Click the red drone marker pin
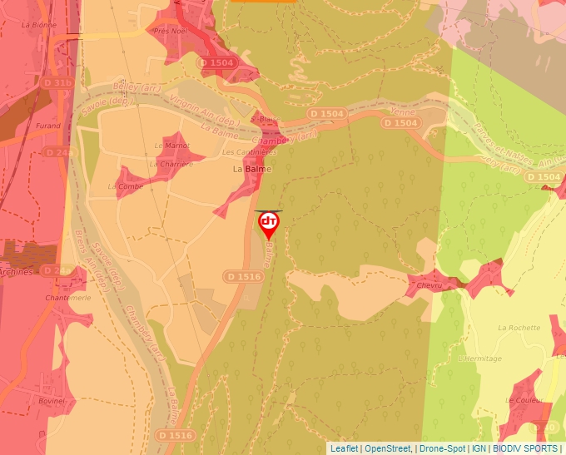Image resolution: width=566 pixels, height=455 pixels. pos(269,223)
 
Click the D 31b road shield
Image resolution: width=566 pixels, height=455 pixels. pos(58,82)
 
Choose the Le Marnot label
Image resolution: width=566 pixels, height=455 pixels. pos(171,146)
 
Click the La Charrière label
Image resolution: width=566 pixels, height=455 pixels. pos(171,164)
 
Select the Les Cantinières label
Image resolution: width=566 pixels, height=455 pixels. pos(249,153)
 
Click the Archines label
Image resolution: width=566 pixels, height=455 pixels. pos(17,271)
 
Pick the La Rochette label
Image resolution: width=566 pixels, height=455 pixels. pos(519,328)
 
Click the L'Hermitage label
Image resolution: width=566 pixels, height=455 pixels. pos(480,359)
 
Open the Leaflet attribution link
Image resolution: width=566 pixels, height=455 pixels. pos(344,448)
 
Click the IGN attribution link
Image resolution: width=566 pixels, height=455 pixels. pos(479,448)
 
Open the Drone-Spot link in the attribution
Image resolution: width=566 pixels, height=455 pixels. pos(442,448)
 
